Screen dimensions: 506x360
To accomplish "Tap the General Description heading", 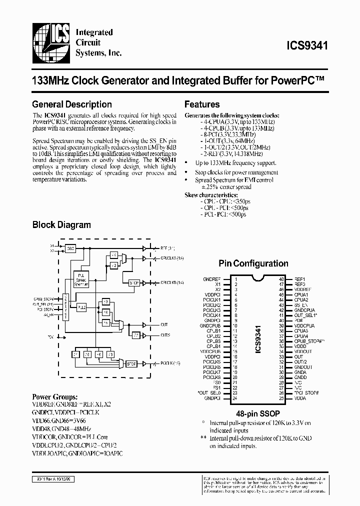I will coord(71,104).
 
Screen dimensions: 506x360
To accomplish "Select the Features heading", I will coord(202,104).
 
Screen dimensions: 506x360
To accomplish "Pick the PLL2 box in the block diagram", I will coord(82,306).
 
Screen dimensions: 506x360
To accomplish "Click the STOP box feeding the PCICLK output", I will coord(131,364).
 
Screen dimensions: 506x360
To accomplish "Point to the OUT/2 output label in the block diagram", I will coord(165,335).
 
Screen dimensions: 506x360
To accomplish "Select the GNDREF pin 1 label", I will coord(211,279).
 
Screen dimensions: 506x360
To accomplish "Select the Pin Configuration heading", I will coord(253,263).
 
